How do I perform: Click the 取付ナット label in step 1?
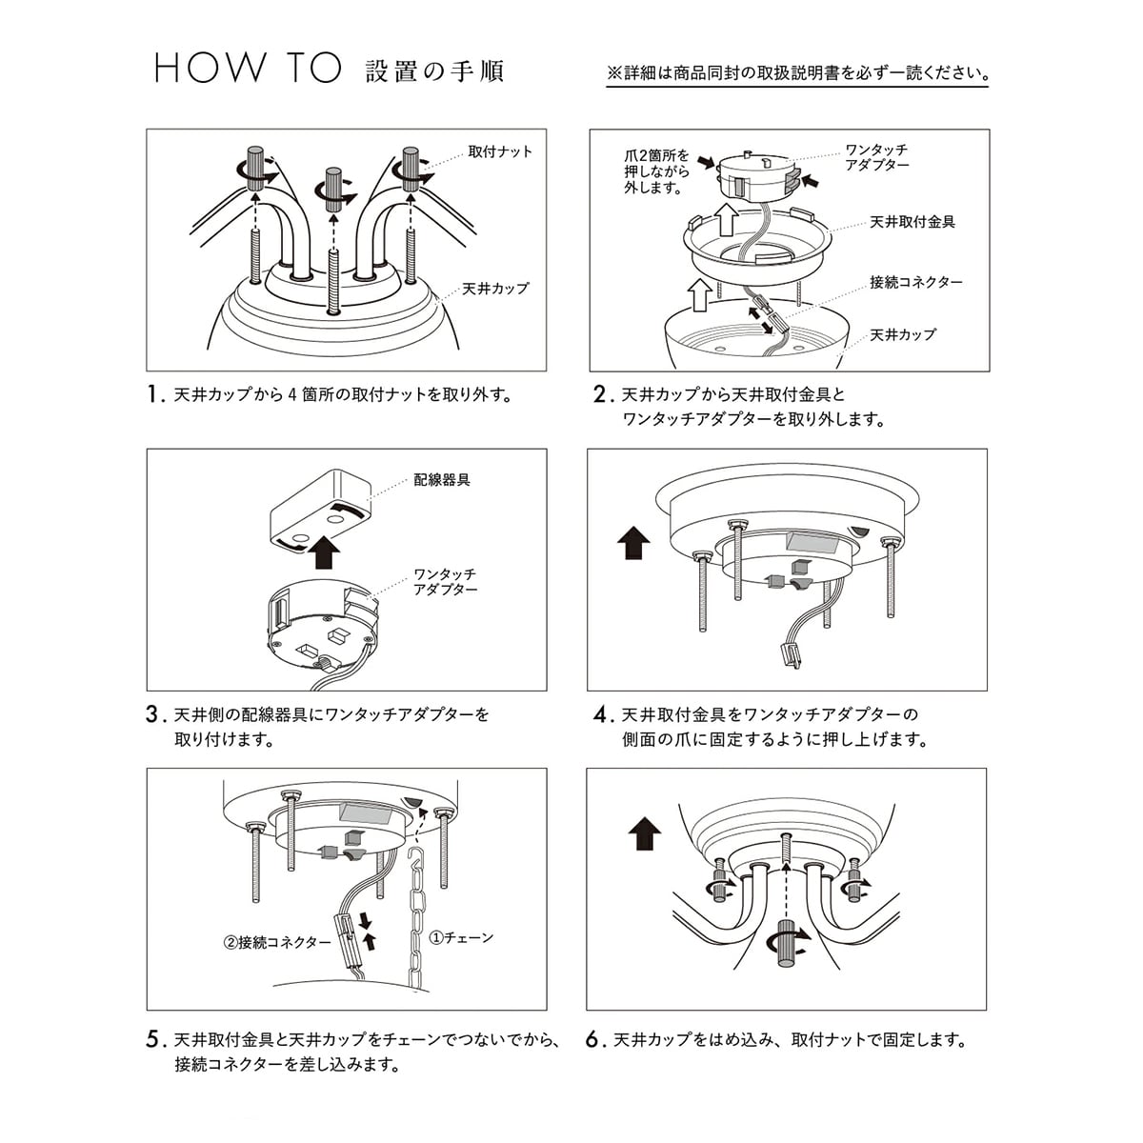[x=500, y=151]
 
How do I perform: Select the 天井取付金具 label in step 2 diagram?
[x=912, y=222]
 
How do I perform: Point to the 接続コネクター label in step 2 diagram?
[x=915, y=282]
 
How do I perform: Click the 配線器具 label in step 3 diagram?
[x=442, y=480]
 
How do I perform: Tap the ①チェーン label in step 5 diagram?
[x=462, y=937]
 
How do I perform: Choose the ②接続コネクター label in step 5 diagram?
[x=277, y=943]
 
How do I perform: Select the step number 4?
[x=600, y=714]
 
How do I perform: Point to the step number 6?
[x=595, y=1040]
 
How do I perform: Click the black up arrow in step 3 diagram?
[x=325, y=550]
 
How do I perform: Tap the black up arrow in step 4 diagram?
[x=633, y=545]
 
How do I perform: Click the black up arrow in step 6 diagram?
[x=645, y=833]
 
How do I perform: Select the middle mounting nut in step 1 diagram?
[x=333, y=189]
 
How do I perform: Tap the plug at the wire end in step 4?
[x=789, y=654]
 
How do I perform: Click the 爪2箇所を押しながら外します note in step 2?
[x=657, y=171]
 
